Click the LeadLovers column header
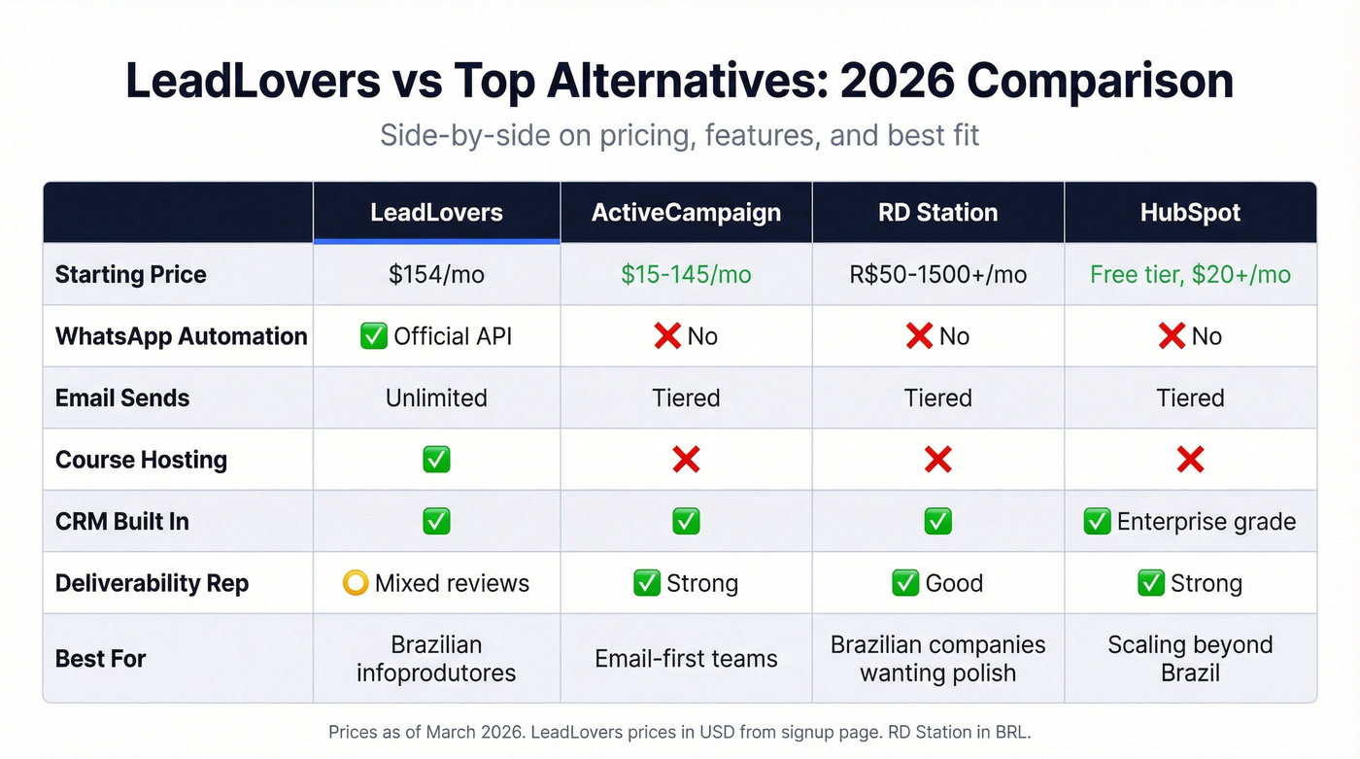(436, 212)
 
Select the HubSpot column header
(1190, 212)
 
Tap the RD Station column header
(937, 212)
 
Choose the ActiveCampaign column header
(686, 212)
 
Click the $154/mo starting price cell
(436, 274)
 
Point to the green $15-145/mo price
(686, 274)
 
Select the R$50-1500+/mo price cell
(937, 274)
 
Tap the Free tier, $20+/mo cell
(1190, 274)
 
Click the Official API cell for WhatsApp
(436, 336)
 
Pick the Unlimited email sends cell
(436, 397)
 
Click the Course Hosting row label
(141, 460)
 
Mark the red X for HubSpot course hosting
(1190, 460)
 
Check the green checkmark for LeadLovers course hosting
(436, 460)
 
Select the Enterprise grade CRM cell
(1190, 522)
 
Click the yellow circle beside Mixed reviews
(356, 583)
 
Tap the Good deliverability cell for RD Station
(937, 583)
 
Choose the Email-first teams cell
(686, 658)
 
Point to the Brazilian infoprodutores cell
(436, 658)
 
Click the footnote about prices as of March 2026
(679, 732)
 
